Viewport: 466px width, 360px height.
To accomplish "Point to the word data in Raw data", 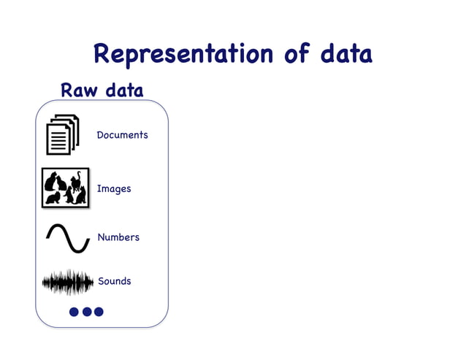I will (124, 91).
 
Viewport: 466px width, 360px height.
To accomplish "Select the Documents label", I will (122, 135).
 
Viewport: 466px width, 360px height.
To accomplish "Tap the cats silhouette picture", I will (65, 188).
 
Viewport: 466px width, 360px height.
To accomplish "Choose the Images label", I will (114, 189).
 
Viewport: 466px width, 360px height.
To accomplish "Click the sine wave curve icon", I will (68, 238).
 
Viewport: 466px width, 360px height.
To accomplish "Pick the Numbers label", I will (118, 237).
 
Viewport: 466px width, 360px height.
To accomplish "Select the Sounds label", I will (115, 281).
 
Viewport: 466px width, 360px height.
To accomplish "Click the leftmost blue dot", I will (74, 312).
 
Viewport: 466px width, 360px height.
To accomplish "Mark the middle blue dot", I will (87, 312).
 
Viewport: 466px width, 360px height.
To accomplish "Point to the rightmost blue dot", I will (99, 312).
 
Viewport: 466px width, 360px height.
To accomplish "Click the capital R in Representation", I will (102, 55).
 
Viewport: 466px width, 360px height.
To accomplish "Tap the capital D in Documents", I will (101, 135).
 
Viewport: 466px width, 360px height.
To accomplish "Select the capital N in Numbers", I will (102, 237).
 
